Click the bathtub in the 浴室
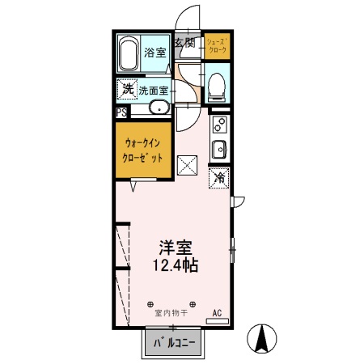click(x=129, y=53)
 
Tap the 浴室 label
click(x=155, y=53)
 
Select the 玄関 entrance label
click(x=184, y=42)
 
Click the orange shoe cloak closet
click(x=216, y=46)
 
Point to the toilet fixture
click(x=217, y=86)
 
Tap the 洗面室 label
click(x=153, y=91)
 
